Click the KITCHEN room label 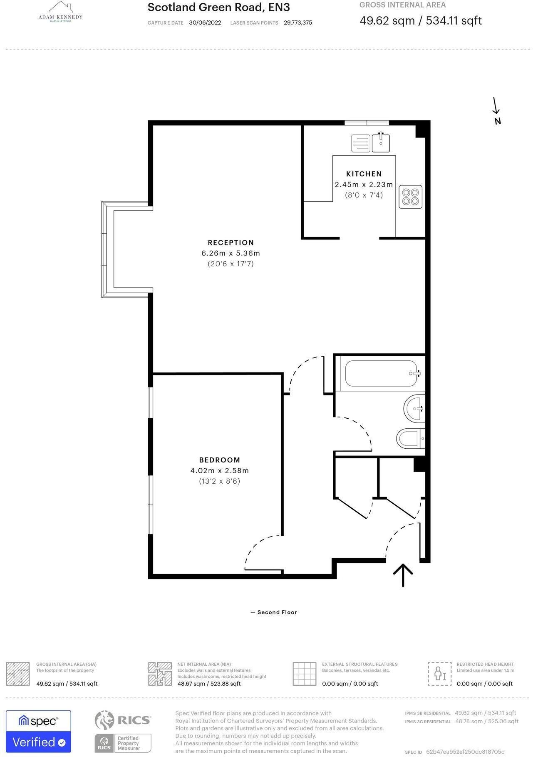pyautogui.click(x=364, y=174)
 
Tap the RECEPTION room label pyautogui.click(x=231, y=242)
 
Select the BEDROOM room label pyautogui.click(x=220, y=460)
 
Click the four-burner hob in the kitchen pyautogui.click(x=410, y=197)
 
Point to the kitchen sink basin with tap pyautogui.click(x=381, y=143)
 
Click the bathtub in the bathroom pyautogui.click(x=381, y=374)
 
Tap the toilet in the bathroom pyautogui.click(x=410, y=439)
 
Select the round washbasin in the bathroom pyautogui.click(x=414, y=409)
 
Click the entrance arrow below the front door pyautogui.click(x=403, y=575)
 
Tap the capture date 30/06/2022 pyautogui.click(x=205, y=23)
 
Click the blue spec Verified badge pyautogui.click(x=38, y=731)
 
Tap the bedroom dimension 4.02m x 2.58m pyautogui.click(x=220, y=471)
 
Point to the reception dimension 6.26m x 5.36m pyautogui.click(x=231, y=253)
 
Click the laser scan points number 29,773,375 pyautogui.click(x=298, y=23)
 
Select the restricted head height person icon pyautogui.click(x=439, y=674)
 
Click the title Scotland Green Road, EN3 pyautogui.click(x=219, y=7)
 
